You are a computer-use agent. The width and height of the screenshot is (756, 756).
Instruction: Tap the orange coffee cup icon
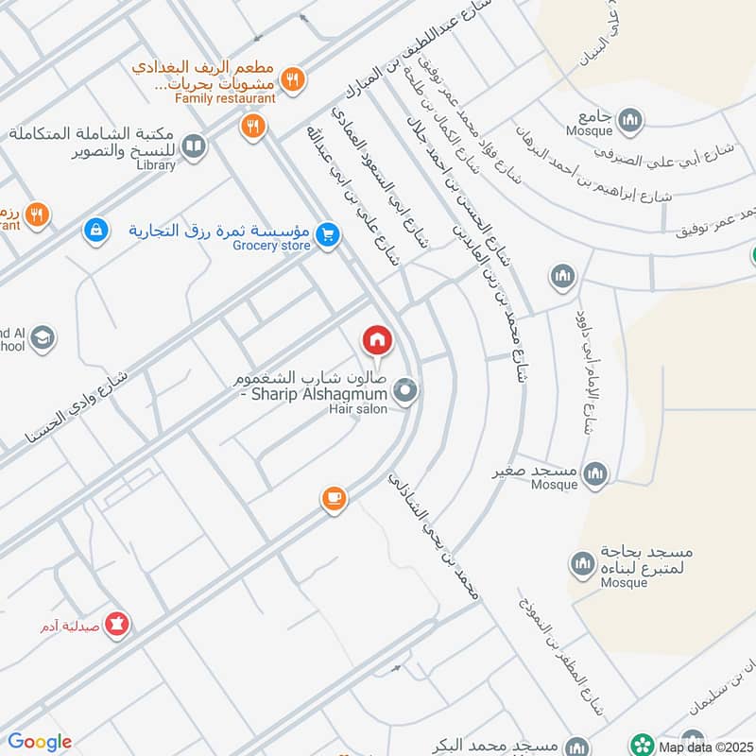pos(333,498)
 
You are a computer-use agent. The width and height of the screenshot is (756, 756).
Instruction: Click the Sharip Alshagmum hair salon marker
pos(405,390)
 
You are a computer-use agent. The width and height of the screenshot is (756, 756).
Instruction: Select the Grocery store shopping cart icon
pos(327,232)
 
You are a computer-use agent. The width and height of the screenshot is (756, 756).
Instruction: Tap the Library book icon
pos(193,146)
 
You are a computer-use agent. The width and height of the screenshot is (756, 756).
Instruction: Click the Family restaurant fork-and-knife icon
pos(294,81)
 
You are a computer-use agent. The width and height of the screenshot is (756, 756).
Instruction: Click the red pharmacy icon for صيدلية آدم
pos(118,624)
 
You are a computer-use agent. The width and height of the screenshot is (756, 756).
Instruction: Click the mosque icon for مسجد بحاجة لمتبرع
pos(581,565)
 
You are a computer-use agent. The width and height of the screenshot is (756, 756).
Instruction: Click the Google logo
pos(40,742)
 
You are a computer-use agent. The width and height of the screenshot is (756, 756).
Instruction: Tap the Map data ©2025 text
pos(706,745)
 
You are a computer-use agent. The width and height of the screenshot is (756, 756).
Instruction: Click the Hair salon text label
pos(358,409)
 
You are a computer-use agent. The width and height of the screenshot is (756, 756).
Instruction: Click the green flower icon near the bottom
pos(644,744)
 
